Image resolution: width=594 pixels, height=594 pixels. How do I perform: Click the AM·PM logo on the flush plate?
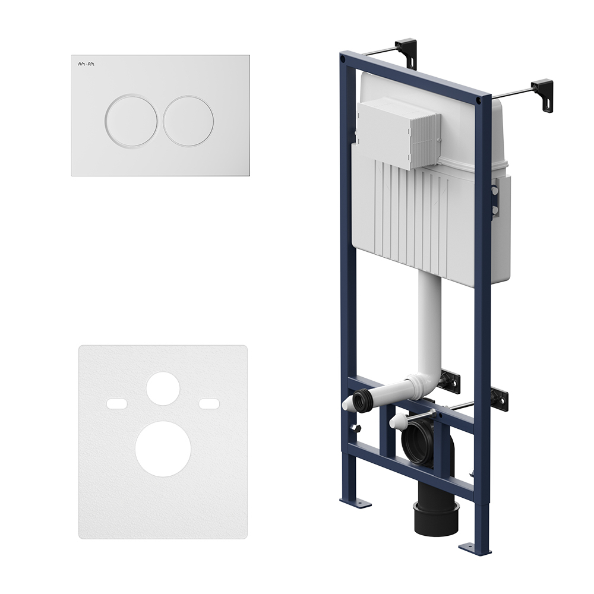point(86,64)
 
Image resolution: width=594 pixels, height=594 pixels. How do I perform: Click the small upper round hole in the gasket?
point(163,388)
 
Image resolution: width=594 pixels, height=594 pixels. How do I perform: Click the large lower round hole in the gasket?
point(163,448)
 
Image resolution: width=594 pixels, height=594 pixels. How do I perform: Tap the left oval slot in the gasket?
point(116,403)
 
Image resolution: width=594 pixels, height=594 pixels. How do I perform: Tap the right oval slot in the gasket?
point(210,403)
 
